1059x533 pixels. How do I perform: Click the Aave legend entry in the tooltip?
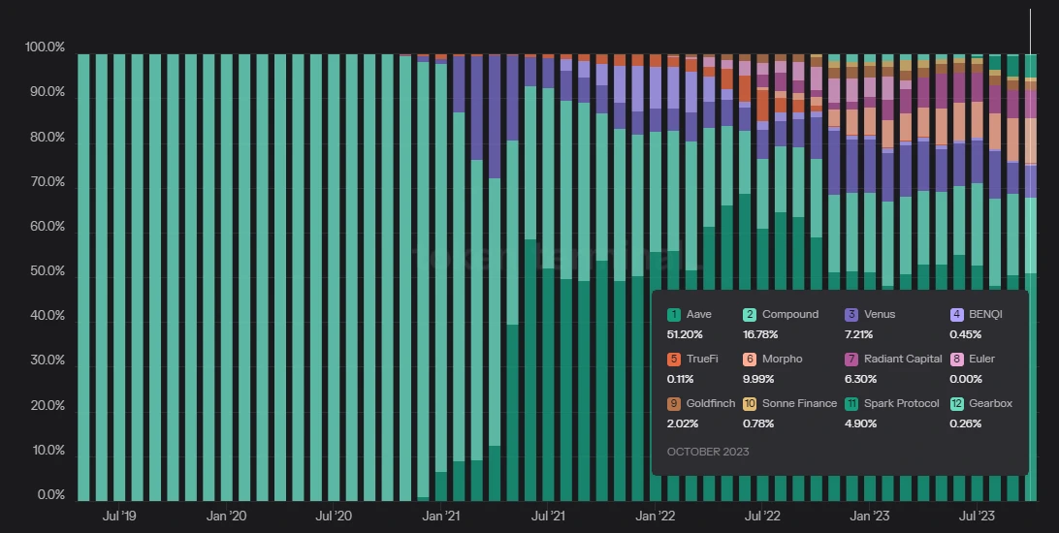point(698,314)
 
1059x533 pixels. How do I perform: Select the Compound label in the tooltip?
point(789,314)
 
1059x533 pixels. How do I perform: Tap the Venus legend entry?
point(878,314)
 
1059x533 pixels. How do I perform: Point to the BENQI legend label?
point(984,314)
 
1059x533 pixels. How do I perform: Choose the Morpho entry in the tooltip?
point(782,359)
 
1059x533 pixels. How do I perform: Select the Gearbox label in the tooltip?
point(990,403)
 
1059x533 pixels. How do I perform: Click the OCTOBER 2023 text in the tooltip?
point(708,452)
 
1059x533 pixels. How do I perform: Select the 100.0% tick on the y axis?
point(45,47)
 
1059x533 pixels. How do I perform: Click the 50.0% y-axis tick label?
point(48,271)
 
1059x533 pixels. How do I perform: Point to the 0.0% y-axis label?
point(50,495)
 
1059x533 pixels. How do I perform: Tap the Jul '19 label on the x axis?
point(118,517)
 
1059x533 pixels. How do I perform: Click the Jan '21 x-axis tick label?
point(441,517)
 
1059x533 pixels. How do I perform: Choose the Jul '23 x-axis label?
point(977,517)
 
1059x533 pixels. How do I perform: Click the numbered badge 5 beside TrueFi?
point(673,359)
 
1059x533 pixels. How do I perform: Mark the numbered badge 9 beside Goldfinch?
point(673,403)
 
